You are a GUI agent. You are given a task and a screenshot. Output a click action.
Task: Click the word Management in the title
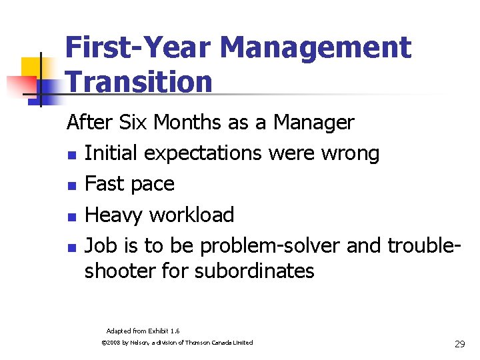point(315,48)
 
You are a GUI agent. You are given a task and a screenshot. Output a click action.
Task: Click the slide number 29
point(459,344)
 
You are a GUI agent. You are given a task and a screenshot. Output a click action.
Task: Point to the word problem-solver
point(271,246)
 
